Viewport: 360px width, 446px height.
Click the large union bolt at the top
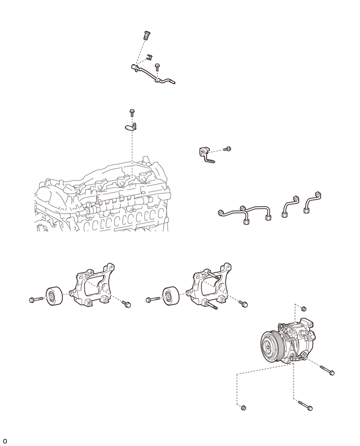click(146, 35)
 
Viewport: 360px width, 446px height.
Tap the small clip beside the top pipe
click(149, 57)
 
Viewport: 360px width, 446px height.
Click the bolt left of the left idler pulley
click(36, 299)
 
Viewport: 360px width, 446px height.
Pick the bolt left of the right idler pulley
click(152, 299)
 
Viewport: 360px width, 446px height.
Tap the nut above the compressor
click(303, 308)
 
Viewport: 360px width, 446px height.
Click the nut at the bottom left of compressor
click(243, 408)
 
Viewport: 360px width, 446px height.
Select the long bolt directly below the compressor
click(305, 405)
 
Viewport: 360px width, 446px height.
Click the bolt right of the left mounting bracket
click(126, 304)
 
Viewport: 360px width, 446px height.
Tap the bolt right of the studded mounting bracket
click(243, 304)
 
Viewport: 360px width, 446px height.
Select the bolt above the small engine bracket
click(132, 113)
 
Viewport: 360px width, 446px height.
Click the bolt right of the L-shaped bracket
click(228, 149)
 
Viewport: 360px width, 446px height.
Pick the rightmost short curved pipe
click(312, 203)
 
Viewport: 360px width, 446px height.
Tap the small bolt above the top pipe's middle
click(156, 68)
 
